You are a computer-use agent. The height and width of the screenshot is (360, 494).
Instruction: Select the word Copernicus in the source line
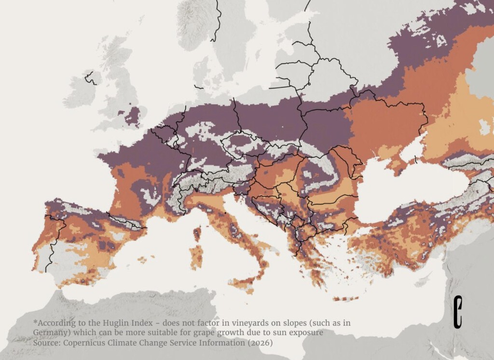pos(87,343)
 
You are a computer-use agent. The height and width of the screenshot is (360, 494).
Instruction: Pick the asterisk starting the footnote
pos(35,322)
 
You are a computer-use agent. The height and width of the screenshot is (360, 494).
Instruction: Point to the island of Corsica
pos(197,234)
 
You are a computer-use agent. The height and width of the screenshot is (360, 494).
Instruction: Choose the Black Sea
pos(410,193)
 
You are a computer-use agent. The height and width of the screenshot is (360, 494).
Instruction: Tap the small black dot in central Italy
pos(225,213)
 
